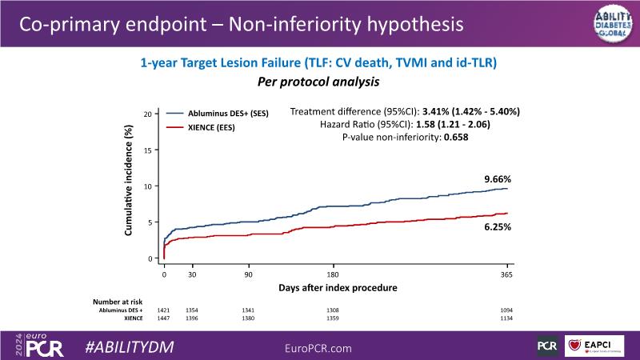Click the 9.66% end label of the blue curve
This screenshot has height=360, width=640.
point(497,179)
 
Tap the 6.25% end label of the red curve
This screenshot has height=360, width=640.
point(497,227)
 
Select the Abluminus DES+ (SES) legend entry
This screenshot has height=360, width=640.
point(228,114)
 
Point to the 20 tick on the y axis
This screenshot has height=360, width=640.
point(147,114)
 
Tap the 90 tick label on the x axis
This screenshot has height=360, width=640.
point(248,274)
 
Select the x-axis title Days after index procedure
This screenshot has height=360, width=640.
point(338,286)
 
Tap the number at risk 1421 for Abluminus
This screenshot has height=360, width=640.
point(164,310)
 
